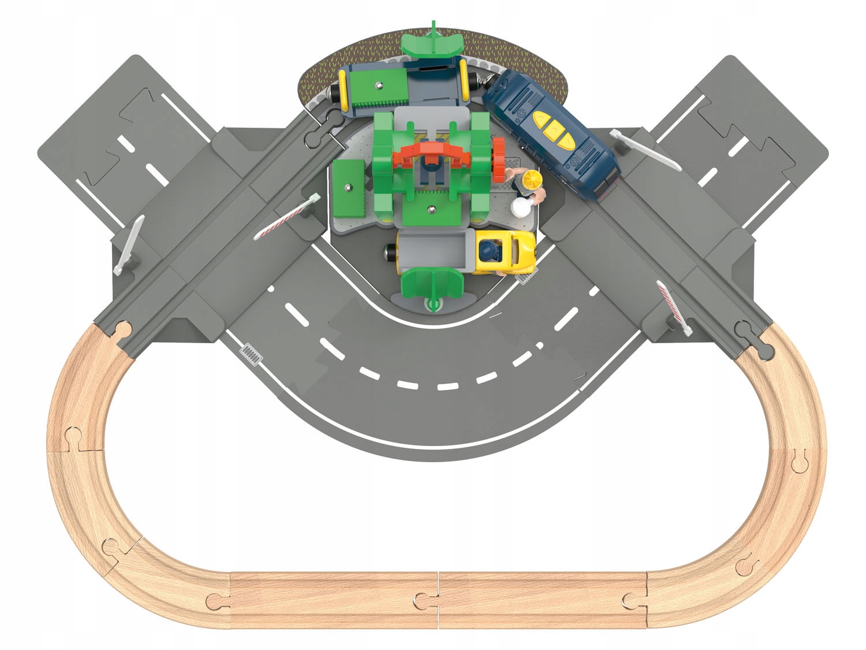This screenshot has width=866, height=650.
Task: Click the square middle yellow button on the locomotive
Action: pyautogui.click(x=552, y=125)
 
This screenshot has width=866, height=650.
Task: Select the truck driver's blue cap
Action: pyautogui.click(x=488, y=250)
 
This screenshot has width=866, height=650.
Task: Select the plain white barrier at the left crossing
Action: pyautogui.click(x=129, y=244)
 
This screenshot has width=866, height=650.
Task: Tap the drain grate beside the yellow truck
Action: pyautogui.click(x=525, y=279)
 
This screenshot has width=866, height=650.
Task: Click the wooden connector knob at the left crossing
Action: pyautogui.click(x=122, y=330)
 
